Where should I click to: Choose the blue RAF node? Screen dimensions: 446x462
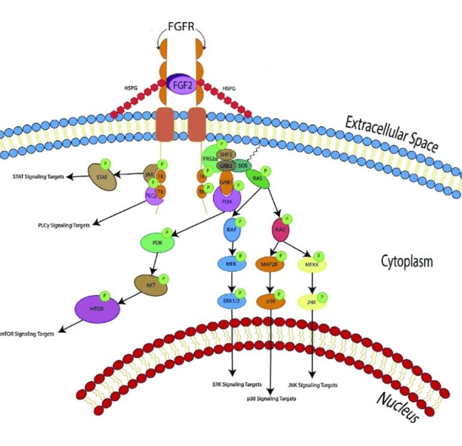[x=232, y=229]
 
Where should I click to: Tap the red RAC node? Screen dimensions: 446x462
[x=280, y=229]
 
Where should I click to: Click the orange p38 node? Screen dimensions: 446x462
[x=272, y=301]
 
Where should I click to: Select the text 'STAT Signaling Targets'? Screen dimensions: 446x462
[x=39, y=177]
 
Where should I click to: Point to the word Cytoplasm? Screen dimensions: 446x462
[x=406, y=261]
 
